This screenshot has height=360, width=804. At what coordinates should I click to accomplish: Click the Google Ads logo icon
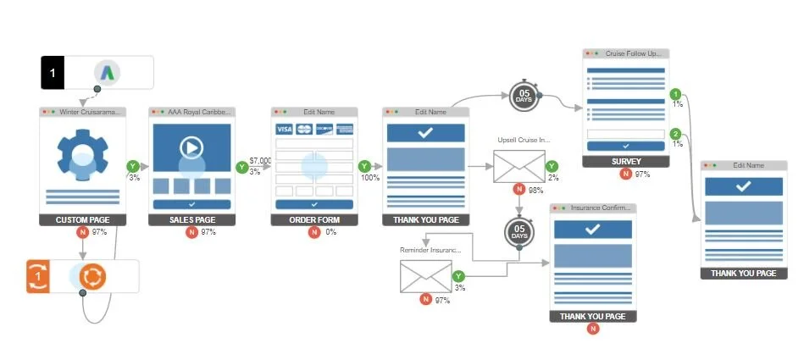107,73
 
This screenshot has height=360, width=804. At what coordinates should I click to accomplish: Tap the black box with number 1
53,73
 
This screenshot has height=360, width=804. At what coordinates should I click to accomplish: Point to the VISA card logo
284,129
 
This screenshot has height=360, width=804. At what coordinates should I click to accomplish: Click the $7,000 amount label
261,160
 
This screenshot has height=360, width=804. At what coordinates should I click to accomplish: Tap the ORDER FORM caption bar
314,220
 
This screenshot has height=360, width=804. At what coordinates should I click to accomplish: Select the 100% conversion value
370,179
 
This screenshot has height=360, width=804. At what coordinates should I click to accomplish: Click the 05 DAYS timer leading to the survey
524,96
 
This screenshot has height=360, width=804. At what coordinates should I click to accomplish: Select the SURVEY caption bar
625,161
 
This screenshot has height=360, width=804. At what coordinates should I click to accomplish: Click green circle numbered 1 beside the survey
675,94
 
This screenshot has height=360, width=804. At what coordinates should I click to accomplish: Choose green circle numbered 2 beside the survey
675,134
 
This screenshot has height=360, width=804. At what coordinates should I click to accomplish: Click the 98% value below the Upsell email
535,191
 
